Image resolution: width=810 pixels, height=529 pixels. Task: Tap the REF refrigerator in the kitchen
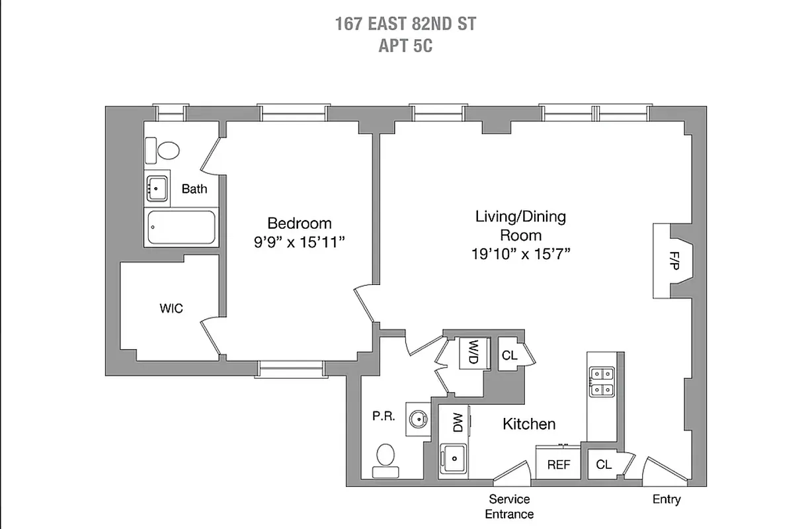[558, 464]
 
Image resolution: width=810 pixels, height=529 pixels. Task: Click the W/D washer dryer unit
[473, 351]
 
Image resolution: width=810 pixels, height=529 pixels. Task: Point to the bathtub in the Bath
[181, 227]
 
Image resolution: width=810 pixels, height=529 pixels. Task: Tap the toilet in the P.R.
[385, 459]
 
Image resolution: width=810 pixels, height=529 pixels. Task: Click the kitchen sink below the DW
[454, 458]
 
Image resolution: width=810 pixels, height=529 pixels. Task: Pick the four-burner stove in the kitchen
[601, 382]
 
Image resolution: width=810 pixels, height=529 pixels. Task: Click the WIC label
[171, 308]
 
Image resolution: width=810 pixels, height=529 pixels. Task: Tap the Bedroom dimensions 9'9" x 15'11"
[300, 242]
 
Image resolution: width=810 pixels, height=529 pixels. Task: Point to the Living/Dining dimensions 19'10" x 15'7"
[520, 254]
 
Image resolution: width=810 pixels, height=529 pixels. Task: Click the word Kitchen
[529, 424]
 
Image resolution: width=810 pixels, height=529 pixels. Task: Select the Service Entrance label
[509, 507]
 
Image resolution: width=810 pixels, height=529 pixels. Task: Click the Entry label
[666, 499]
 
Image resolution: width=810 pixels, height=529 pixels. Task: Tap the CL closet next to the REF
[604, 464]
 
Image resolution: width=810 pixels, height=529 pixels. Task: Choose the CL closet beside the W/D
[509, 356]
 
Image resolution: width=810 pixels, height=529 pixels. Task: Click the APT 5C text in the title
[405, 46]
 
